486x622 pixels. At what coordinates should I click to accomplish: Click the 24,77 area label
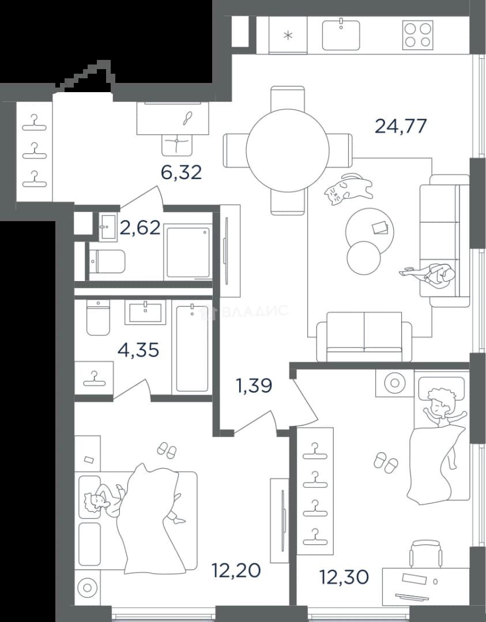click(401, 126)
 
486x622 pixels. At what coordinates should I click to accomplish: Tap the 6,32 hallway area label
click(181, 172)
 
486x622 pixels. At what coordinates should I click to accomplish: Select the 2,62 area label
click(141, 227)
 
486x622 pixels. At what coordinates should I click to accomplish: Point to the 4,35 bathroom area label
click(138, 350)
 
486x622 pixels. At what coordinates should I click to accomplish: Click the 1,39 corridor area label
click(254, 385)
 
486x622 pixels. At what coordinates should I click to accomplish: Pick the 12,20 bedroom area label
click(236, 570)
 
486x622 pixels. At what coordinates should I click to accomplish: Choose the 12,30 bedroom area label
click(344, 577)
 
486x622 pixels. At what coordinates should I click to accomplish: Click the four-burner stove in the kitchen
click(418, 35)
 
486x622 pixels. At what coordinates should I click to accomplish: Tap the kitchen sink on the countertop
click(341, 35)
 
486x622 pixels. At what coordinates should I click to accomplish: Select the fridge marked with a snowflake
click(288, 35)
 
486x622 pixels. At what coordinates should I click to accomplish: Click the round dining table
click(288, 150)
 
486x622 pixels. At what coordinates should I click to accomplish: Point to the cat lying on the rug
click(348, 189)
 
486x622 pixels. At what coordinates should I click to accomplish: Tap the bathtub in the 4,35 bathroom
click(192, 347)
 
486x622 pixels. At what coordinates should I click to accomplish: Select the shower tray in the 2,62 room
click(188, 252)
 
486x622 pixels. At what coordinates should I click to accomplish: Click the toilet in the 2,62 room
click(106, 262)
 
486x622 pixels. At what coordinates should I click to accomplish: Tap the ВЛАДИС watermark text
click(254, 311)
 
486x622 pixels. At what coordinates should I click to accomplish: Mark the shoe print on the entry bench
click(188, 118)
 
